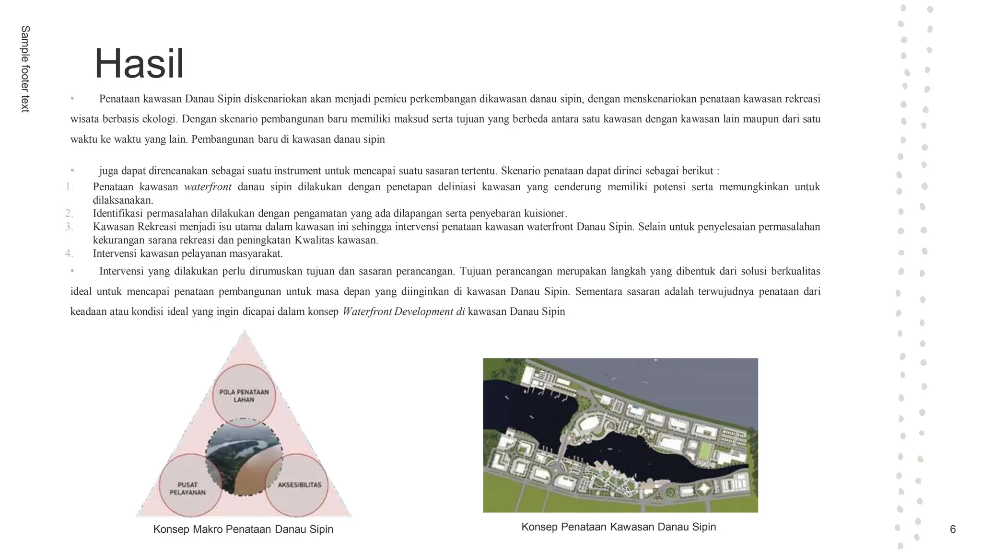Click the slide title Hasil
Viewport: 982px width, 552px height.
pyautogui.click(x=139, y=64)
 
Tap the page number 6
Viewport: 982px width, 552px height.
pyautogui.click(x=952, y=529)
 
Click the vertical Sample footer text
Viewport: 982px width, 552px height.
pyautogui.click(x=25, y=69)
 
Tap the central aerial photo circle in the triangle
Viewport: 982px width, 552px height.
pyautogui.click(x=244, y=457)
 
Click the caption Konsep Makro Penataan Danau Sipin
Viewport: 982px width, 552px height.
pyautogui.click(x=243, y=529)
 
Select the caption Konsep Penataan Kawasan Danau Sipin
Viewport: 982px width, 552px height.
pyautogui.click(x=619, y=527)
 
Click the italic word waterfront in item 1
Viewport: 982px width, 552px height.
pyautogui.click(x=208, y=187)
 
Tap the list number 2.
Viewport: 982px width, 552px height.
pyautogui.click(x=69, y=213)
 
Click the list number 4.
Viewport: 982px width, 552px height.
pyautogui.click(x=69, y=253)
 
